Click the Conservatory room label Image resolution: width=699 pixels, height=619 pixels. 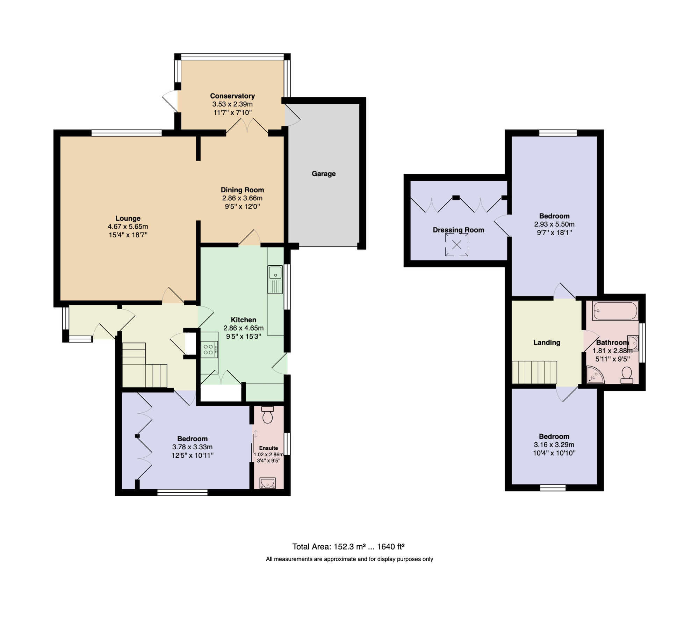pos(232,96)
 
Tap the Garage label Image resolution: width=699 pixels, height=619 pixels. pos(324,174)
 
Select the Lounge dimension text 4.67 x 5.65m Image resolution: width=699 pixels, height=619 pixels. pos(128,227)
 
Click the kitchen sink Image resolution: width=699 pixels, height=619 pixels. pos(275,279)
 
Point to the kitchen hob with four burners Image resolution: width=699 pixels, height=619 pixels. pos(209,349)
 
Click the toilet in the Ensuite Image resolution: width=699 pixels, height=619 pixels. pos(268,414)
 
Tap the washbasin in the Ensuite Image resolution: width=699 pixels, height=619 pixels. pos(268,483)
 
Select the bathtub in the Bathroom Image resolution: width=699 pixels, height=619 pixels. pos(615,311)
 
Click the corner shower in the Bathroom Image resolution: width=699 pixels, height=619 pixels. pos(595,374)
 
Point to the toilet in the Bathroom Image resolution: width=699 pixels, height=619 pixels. pos(627,375)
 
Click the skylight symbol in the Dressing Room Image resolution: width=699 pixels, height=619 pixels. pos(456,245)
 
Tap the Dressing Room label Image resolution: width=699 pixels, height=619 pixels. pos(459,230)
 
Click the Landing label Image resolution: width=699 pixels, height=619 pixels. pos(547,342)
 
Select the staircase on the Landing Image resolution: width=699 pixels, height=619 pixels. pos(534,373)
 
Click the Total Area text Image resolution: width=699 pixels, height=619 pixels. pos(348,547)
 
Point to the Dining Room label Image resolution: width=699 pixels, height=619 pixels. pos(242,190)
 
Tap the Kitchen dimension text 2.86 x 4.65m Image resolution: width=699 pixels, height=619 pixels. pos(244,328)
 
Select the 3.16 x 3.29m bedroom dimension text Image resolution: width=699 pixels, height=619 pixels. pos(554,445)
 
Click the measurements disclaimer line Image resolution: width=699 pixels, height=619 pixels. pos(349,559)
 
